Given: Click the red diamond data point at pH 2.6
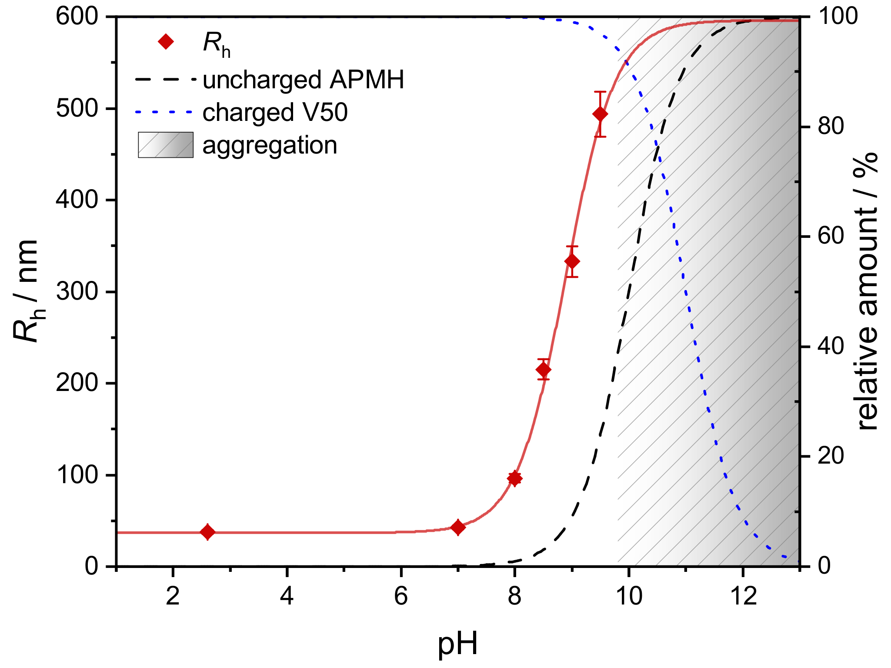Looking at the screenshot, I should click(x=208, y=531).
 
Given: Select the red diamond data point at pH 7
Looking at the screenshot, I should click(x=458, y=528).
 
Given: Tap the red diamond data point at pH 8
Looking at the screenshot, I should click(x=514, y=478).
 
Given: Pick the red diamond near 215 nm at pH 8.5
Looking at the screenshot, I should click(x=544, y=370).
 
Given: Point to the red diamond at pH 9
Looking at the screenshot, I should click(x=572, y=261).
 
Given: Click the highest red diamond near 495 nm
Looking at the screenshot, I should click(x=600, y=114).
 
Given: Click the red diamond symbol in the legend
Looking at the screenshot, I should click(x=166, y=42).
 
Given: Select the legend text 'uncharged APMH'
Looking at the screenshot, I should click(x=303, y=80).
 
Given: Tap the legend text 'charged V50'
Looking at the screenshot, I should click(x=275, y=112).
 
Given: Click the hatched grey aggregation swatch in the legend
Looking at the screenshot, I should click(x=166, y=145).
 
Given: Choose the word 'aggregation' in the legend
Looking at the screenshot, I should click(x=270, y=145).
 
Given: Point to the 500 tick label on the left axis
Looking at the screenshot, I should click(x=77, y=108).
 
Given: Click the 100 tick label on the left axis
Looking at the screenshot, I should click(x=77, y=474).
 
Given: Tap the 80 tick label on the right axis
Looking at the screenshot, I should click(x=830, y=127).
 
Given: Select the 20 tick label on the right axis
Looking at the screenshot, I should click(x=830, y=456).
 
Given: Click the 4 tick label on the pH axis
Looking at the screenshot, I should click(x=287, y=596).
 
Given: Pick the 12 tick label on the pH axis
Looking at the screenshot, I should click(x=743, y=596).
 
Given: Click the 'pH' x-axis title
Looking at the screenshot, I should click(x=457, y=644).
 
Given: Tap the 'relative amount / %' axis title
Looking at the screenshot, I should click(x=866, y=291).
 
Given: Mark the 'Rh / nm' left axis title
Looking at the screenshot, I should click(x=29, y=291).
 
